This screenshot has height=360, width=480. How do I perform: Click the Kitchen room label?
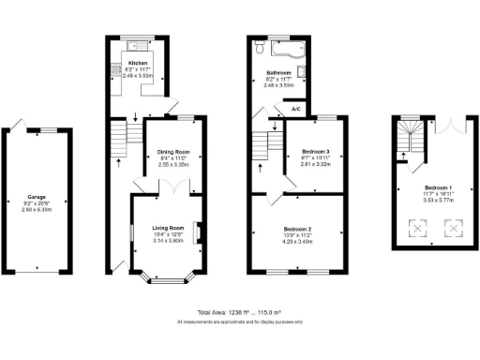[138, 64]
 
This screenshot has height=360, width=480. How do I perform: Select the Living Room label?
[163, 228]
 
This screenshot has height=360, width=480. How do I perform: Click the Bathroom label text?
[278, 72]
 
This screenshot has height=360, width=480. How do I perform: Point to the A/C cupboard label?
[295, 109]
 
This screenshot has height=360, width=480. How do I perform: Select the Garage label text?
[38, 199]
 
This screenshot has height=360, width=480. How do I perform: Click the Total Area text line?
[239, 312]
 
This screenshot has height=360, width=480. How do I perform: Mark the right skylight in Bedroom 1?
[456, 226]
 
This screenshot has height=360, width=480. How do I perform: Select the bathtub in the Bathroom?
[280, 47]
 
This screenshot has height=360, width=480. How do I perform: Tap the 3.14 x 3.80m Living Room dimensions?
[163, 241]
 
